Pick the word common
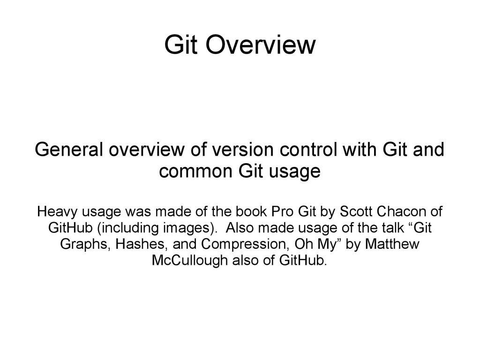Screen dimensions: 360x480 (x=196, y=172)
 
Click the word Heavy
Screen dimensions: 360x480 (x=55, y=211)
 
